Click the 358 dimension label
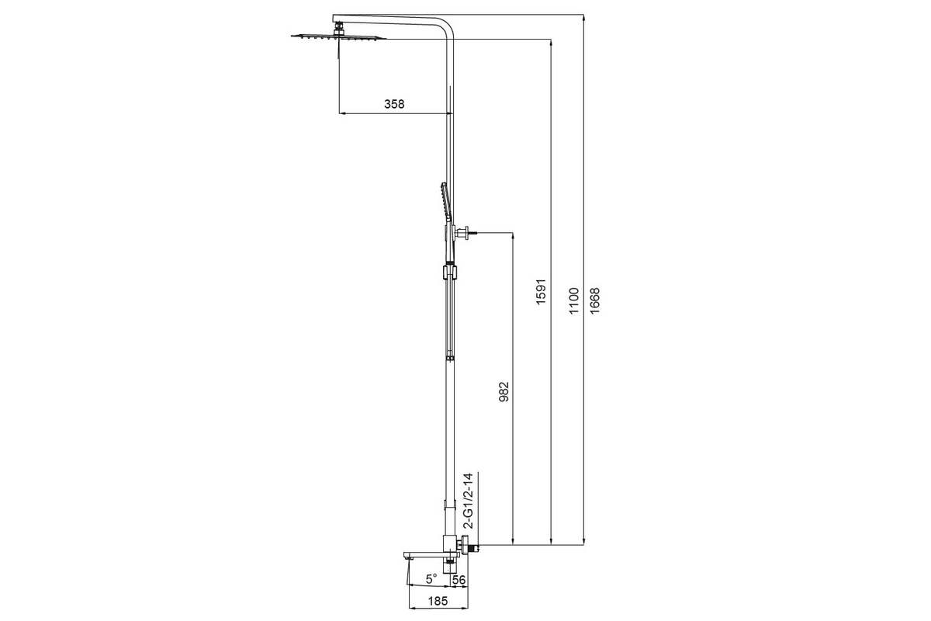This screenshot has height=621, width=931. [x=394, y=104]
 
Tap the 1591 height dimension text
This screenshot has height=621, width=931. [x=541, y=293]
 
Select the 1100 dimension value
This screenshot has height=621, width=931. [x=574, y=300]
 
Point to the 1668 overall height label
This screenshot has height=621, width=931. [x=595, y=300]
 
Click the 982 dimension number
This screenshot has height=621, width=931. [x=504, y=392]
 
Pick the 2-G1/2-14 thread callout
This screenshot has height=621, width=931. [x=469, y=501]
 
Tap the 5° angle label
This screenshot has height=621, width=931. [x=431, y=578]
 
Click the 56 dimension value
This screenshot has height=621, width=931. [x=459, y=580]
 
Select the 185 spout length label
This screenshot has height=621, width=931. [x=438, y=601]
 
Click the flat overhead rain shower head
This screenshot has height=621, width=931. [x=338, y=37]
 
